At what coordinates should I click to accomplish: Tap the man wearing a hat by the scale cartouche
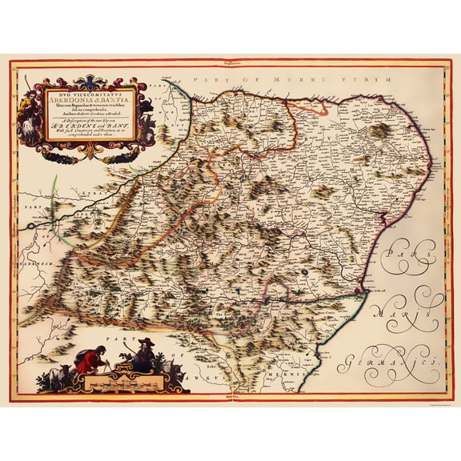pos(146,353)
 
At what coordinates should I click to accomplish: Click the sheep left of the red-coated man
pos(56,376)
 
